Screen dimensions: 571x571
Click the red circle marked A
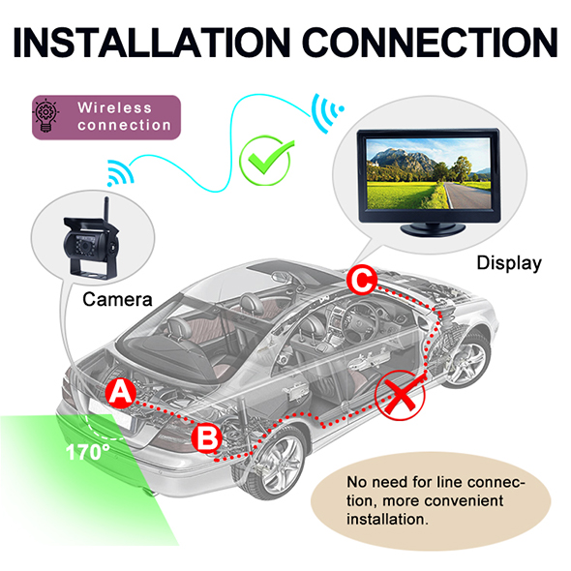click(121, 393)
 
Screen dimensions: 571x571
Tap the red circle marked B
click(207, 438)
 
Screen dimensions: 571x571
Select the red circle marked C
click(362, 280)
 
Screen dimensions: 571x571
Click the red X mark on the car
click(400, 395)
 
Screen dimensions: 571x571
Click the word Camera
click(117, 299)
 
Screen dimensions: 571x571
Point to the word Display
click(509, 263)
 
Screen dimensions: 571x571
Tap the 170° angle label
click(88, 452)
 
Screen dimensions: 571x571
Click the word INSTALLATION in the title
click(152, 42)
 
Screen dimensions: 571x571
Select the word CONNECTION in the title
click(430, 42)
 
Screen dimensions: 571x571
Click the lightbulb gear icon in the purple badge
click(45, 115)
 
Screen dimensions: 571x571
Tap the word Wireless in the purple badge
click(114, 107)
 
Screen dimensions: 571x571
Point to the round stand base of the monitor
click(433, 229)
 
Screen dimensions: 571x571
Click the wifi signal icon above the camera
click(120, 172)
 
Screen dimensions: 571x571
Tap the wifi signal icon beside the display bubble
click(326, 113)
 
